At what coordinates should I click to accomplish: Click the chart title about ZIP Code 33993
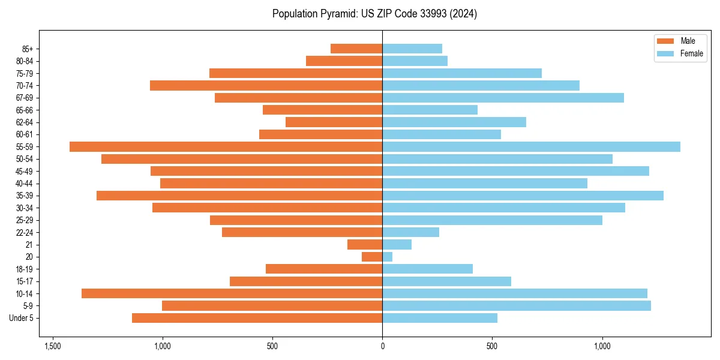374,14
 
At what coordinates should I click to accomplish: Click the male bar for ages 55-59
226,146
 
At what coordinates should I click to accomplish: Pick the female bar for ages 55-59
531,146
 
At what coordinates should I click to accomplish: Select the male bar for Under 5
257,318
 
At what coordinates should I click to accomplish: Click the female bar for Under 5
440,318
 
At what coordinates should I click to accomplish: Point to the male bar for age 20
372,257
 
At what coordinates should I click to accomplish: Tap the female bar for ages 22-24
410,232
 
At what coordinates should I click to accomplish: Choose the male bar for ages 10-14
232,293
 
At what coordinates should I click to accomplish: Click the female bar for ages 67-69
503,98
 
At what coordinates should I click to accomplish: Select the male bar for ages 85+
356,49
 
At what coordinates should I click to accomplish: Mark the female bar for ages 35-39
523,196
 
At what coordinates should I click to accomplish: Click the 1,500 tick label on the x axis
53,346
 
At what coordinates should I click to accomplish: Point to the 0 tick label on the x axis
382,346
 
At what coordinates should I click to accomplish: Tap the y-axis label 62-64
25,122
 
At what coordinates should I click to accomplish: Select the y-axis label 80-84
25,61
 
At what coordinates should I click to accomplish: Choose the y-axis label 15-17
25,281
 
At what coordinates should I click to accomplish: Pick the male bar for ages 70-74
266,85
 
